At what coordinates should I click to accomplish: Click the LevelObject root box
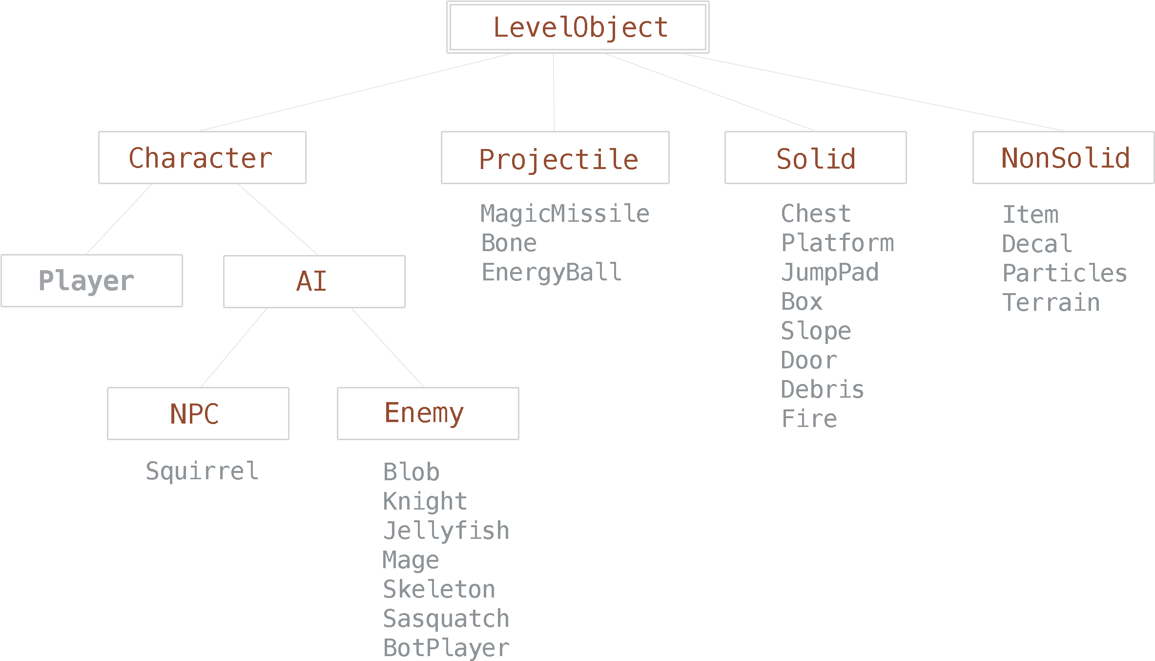[577, 27]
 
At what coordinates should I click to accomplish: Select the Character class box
[202, 158]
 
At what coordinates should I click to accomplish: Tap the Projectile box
[555, 158]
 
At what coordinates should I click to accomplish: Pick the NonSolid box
[1063, 158]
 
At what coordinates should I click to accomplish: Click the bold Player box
[92, 281]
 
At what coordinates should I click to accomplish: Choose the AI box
[314, 282]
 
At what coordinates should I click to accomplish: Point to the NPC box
[198, 414]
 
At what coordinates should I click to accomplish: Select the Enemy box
[428, 414]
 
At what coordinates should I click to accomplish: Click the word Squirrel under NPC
[202, 471]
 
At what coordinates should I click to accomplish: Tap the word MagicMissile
[565, 214]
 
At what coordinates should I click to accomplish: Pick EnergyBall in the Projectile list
[552, 273]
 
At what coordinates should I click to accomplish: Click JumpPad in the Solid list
[830, 273]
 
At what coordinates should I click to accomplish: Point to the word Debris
[823, 390]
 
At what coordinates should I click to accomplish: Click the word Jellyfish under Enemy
[446, 531]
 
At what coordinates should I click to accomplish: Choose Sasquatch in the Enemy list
[446, 619]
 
